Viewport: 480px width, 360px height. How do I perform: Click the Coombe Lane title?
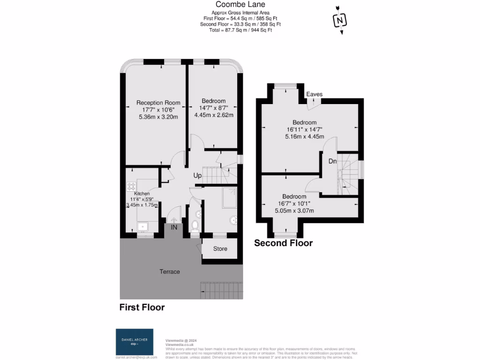pos(240,5)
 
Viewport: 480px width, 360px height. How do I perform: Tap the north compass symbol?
pos(339,20)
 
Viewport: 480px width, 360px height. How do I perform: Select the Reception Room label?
pos(158,103)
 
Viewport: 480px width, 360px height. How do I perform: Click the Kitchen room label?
pos(142,194)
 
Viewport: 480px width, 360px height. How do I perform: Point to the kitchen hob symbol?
pos(131,187)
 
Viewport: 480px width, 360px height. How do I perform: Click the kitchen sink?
pos(142,226)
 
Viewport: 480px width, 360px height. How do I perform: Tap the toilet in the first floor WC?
pos(195,226)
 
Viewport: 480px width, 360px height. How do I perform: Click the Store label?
pos(220,249)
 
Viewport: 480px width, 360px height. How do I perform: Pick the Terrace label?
pos(170,271)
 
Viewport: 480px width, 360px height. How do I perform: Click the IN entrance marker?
pos(174,227)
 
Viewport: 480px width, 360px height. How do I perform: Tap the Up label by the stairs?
pos(198,176)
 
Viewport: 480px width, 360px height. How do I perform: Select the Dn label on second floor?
pos(332,161)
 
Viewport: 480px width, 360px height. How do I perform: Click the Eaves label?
pos(314,94)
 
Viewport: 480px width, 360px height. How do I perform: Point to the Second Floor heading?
pos(283,243)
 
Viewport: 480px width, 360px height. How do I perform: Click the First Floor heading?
pos(142,307)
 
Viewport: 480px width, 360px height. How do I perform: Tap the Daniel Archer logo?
pos(134,342)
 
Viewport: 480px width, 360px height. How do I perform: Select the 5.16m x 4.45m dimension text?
pos(304,137)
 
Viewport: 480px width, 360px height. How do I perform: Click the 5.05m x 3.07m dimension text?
pos(294,210)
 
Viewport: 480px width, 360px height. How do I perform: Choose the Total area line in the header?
pos(240,30)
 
